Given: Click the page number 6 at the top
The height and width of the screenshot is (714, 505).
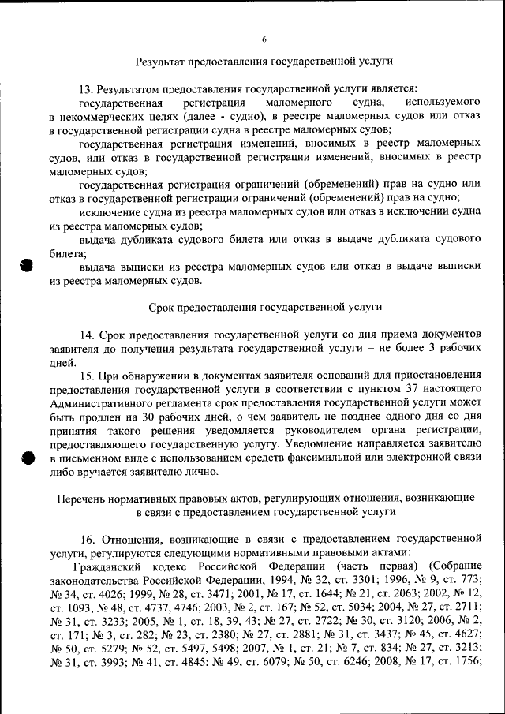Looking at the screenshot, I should click(x=264, y=39).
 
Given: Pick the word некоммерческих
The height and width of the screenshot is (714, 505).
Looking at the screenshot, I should click(x=97, y=116).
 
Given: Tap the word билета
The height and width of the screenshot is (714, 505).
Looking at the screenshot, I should click(x=66, y=253).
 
